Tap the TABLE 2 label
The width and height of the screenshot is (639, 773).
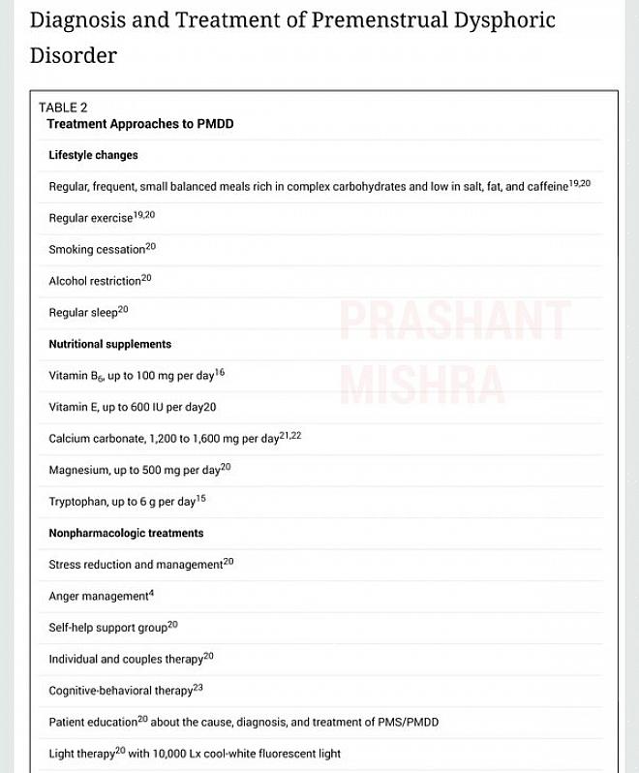pos(63,108)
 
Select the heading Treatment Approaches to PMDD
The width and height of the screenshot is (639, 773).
pos(139,124)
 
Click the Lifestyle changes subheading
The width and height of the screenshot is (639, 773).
pos(93,155)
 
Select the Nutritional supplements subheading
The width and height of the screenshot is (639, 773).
pos(109,344)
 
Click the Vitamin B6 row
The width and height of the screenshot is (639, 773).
pos(136,375)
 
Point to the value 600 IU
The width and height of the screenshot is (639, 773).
pos(147,408)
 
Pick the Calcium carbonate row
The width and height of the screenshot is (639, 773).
pos(174,439)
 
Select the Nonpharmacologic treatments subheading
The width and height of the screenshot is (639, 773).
pos(126,533)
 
